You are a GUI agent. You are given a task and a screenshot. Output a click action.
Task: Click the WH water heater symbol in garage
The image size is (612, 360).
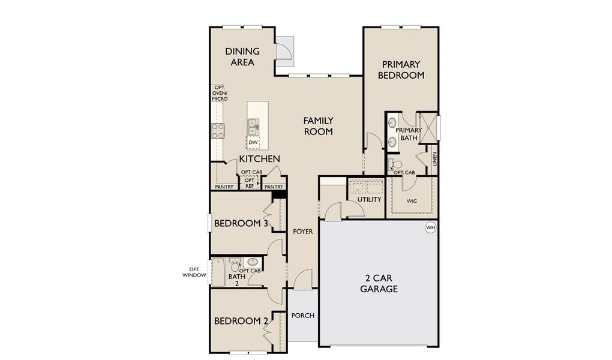coord(430,227)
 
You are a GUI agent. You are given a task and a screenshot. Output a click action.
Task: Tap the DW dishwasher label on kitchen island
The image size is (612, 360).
coord(253,142)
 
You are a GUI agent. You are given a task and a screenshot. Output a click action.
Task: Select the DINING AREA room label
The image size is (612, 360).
coord(242,56)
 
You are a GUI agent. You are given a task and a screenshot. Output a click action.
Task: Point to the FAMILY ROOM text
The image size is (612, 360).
coord(318,126)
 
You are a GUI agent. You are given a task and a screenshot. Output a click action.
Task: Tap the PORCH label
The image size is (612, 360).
coord(303,316)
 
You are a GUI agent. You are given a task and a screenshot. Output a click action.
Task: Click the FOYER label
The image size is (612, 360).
coord(302,231)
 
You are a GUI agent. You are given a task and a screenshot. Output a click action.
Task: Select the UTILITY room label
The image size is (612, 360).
coord(369,199)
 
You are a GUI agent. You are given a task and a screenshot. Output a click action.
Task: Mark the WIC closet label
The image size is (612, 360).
coord(412,201)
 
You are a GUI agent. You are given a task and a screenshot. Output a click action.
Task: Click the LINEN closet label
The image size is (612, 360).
coord(435,160)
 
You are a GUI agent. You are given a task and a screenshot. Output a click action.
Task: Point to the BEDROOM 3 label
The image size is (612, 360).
coord(241,224)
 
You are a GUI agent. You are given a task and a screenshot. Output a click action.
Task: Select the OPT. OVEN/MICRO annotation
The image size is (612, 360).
coord(220,93)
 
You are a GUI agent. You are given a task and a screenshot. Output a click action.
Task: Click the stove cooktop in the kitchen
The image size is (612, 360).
coord(217,131)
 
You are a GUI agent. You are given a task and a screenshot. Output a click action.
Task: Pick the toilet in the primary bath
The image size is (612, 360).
coord(396,164)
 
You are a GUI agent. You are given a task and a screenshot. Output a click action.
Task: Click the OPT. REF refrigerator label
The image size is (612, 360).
coord(248,183)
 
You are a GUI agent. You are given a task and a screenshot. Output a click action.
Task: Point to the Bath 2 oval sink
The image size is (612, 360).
coord(253,262)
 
